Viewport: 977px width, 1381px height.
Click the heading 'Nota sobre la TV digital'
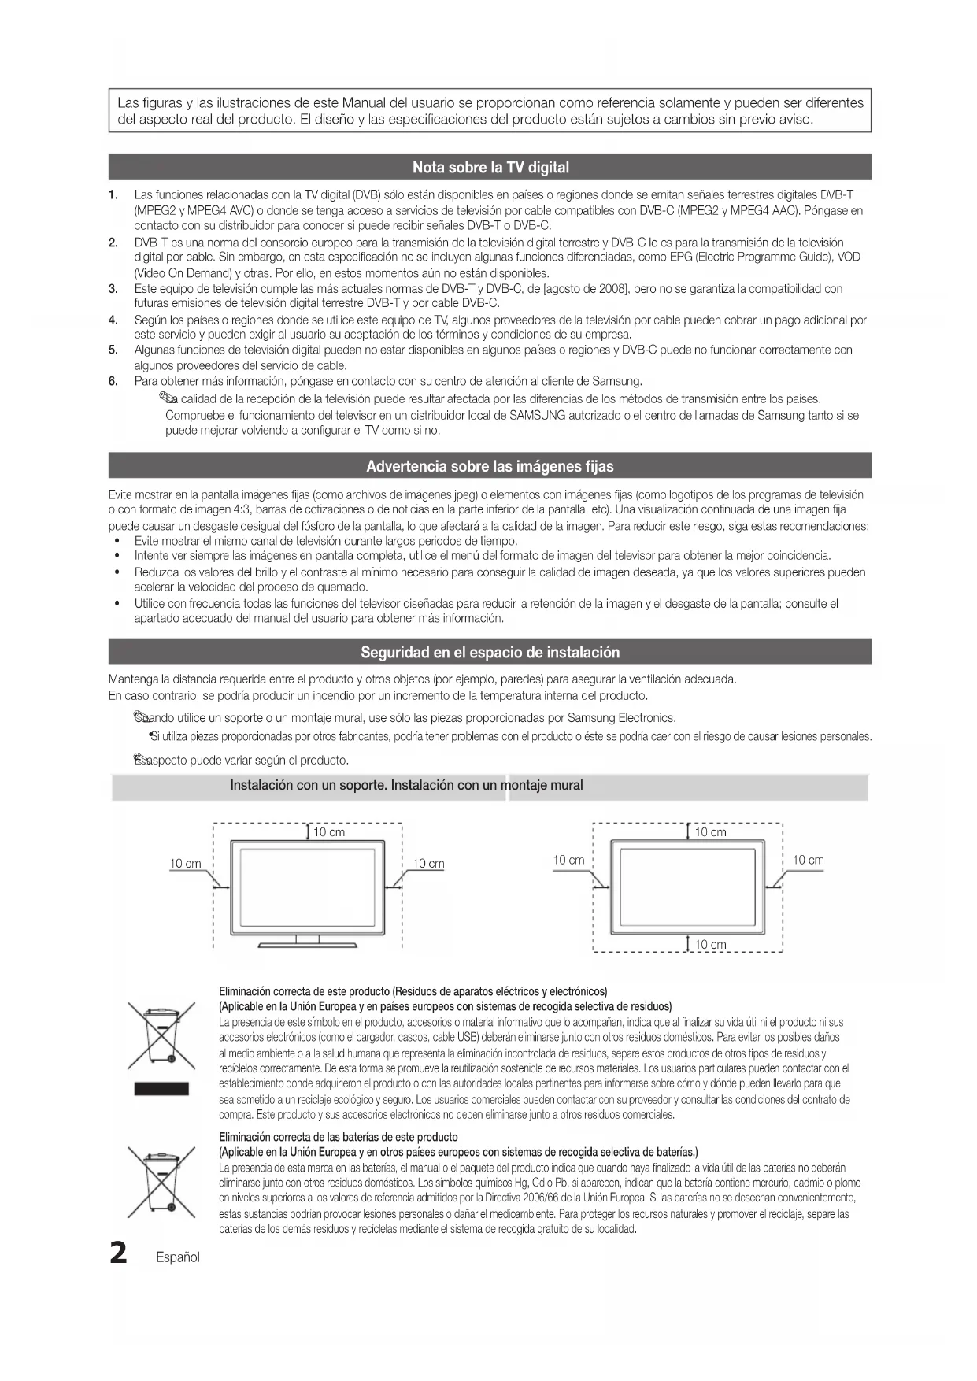point(490,167)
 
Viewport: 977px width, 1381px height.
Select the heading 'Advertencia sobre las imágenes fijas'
point(490,466)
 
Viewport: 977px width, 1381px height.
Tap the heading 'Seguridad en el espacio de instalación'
point(490,652)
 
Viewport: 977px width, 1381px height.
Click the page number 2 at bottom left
point(118,1252)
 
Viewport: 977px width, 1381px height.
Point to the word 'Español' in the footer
point(178,1257)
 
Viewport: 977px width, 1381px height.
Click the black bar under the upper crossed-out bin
point(161,1089)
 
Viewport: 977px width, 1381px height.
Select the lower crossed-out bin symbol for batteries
point(161,1182)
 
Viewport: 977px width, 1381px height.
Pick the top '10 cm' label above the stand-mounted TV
point(329,832)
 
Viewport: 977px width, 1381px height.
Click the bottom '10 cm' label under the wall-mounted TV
point(710,945)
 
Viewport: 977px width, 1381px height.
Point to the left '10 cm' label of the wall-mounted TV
point(568,860)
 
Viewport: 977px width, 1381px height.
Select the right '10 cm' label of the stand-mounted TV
point(428,864)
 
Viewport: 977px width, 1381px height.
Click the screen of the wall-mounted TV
point(687,887)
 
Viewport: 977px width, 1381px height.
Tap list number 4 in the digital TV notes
point(113,320)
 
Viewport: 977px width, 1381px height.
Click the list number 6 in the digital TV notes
point(113,381)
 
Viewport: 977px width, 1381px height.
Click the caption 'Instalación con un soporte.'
point(309,785)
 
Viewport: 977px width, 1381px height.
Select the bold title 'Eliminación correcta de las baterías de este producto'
point(339,1137)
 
